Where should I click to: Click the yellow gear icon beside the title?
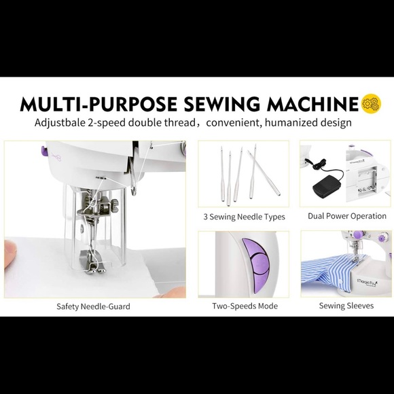(x=371, y=103)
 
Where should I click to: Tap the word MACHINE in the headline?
(x=312, y=104)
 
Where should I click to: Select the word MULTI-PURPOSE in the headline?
(x=98, y=104)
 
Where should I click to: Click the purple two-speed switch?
(x=255, y=266)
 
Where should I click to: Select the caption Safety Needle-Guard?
(x=93, y=306)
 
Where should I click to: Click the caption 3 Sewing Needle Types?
(x=245, y=217)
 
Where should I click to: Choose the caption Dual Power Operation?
(x=347, y=216)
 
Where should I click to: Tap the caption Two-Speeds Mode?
(x=245, y=306)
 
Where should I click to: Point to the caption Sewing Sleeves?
(x=346, y=306)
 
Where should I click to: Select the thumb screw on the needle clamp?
(x=115, y=205)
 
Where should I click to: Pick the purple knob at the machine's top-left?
(x=44, y=151)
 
